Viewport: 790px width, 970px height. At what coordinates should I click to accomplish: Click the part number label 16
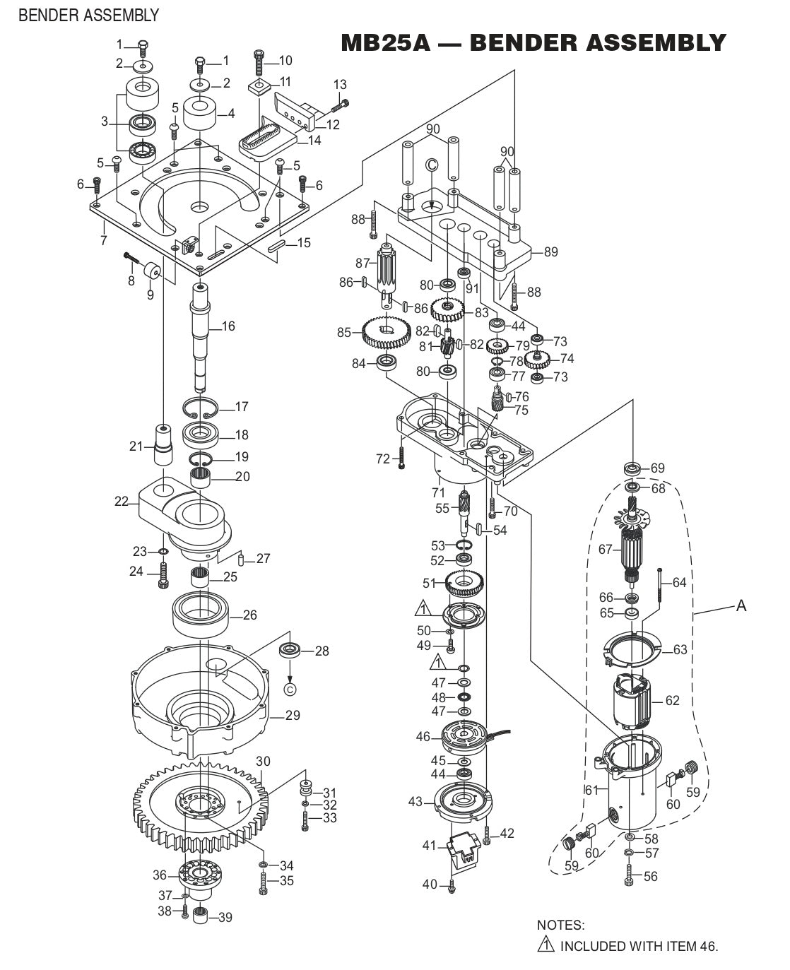coord(228,326)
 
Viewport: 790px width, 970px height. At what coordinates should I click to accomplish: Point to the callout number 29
coord(293,716)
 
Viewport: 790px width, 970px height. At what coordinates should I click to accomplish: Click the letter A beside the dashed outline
coord(741,605)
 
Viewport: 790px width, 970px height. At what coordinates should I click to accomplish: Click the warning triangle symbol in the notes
coord(545,945)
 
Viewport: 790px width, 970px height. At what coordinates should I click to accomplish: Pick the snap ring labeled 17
coord(201,408)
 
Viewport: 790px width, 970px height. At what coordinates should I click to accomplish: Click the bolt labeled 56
coord(629,876)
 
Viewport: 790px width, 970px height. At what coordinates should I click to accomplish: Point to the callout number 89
coord(551,252)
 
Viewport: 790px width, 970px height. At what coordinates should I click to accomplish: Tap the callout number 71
coord(438,492)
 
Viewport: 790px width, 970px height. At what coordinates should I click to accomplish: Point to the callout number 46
coord(423,737)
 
